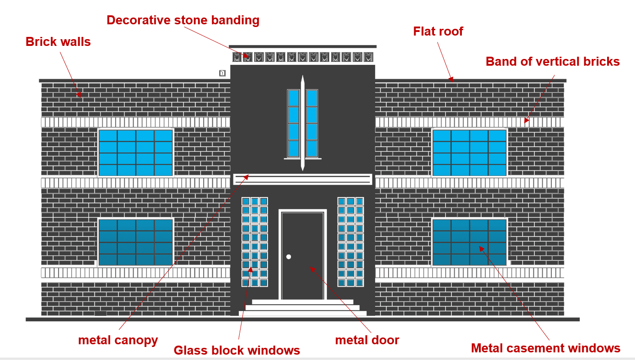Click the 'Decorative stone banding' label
(x=183, y=20)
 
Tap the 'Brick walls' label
(x=58, y=42)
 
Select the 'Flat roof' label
(x=438, y=31)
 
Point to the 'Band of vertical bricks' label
(x=553, y=61)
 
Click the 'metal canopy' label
(x=118, y=341)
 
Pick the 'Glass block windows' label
(x=237, y=350)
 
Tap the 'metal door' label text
(x=367, y=340)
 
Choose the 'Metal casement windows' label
(x=546, y=348)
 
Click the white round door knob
(x=289, y=257)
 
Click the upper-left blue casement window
(x=135, y=153)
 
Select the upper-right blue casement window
(x=470, y=153)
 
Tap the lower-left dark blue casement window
(x=135, y=242)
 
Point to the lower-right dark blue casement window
(x=470, y=242)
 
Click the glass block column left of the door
(x=255, y=242)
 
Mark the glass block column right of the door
(x=350, y=242)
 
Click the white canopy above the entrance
(x=303, y=179)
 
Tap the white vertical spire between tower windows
(x=303, y=123)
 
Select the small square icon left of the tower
(x=223, y=73)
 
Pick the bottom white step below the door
(x=303, y=313)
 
